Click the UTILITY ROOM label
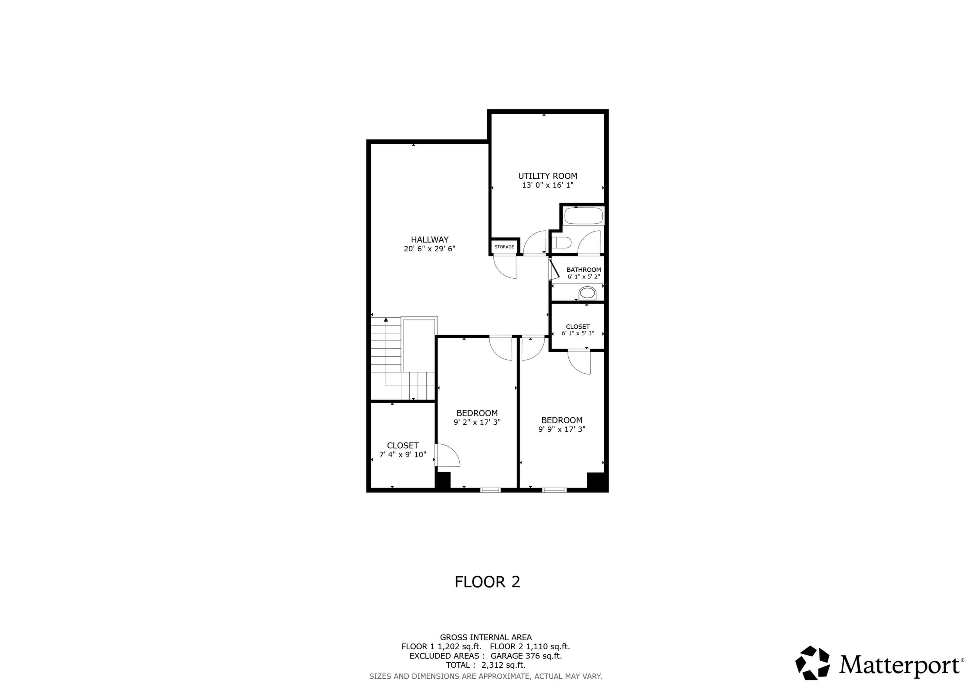547,176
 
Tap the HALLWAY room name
429,240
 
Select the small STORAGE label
504,247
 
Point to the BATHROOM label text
584,270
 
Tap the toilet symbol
561,244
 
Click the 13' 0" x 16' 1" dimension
547,185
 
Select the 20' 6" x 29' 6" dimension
429,249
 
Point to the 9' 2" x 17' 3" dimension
477,422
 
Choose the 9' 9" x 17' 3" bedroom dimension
562,430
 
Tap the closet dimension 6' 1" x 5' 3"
577,333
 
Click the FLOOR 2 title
487,582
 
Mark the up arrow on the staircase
386,319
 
